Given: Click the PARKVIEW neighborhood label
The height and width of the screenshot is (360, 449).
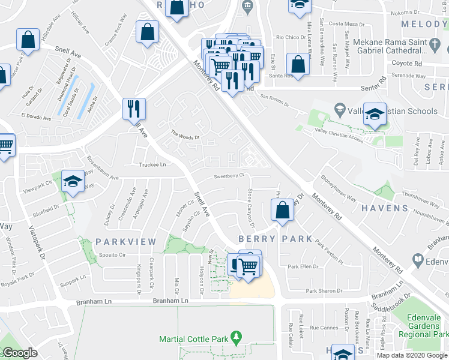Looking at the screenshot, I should click(x=125, y=242).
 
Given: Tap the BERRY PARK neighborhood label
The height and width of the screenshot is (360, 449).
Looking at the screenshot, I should click(x=276, y=238).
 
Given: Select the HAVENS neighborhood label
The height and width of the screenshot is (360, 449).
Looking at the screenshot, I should click(x=385, y=208).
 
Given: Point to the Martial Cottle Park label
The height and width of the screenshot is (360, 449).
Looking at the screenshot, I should click(x=194, y=339).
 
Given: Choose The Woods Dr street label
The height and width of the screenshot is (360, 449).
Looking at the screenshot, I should click(x=184, y=135).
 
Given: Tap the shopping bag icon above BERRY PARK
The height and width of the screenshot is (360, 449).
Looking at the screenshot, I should click(x=282, y=211).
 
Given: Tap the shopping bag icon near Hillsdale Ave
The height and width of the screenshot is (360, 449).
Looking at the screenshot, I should click(x=27, y=40).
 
